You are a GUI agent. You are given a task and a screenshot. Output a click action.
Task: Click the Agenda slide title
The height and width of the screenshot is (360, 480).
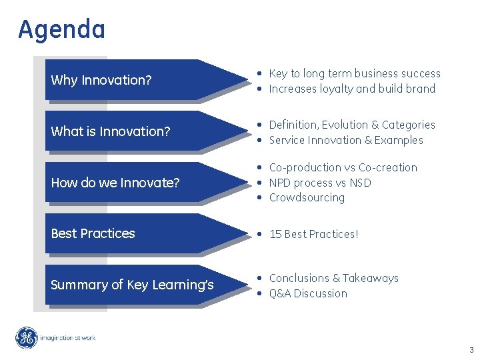[x=61, y=30]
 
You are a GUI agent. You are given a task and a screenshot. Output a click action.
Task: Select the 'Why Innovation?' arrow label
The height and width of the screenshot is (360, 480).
[x=101, y=81]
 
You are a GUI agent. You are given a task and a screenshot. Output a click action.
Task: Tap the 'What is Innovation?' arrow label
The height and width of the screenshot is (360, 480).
[x=111, y=131]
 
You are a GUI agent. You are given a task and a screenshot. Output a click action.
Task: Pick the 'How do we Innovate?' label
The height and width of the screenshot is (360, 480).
[x=115, y=183]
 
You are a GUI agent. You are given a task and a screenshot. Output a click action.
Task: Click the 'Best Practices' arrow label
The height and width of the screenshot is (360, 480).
[x=93, y=233]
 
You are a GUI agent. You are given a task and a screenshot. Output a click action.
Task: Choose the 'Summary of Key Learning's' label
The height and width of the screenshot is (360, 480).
[x=132, y=285]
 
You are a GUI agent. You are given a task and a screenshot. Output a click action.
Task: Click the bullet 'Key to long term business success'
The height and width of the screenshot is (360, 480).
[x=354, y=73]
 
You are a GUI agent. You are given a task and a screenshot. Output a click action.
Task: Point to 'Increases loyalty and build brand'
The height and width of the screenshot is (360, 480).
[x=351, y=89]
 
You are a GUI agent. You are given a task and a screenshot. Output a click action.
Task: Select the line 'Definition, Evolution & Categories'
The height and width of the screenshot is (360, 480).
[x=351, y=125]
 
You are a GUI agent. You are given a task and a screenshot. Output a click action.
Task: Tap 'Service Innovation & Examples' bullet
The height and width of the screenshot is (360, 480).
[x=345, y=140]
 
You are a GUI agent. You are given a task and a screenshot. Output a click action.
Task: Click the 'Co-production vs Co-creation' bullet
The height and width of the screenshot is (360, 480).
[x=343, y=167]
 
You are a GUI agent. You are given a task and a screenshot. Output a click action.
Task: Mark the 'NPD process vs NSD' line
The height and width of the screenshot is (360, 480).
[x=320, y=183]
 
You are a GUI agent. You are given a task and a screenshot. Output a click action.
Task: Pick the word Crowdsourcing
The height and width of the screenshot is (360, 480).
[x=307, y=197]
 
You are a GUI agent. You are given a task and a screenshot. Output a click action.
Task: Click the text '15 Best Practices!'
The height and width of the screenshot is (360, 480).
[x=313, y=234]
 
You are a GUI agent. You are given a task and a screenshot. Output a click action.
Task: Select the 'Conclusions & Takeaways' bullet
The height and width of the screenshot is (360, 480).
[x=333, y=278]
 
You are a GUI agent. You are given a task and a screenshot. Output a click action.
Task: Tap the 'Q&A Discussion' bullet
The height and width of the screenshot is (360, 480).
[x=307, y=293]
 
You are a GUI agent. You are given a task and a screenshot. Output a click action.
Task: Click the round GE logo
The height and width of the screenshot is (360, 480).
[x=27, y=338]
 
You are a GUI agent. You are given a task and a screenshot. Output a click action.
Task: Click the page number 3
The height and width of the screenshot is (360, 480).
[x=471, y=349]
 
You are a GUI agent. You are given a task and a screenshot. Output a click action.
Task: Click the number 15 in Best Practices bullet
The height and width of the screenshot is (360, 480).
[x=275, y=234]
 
